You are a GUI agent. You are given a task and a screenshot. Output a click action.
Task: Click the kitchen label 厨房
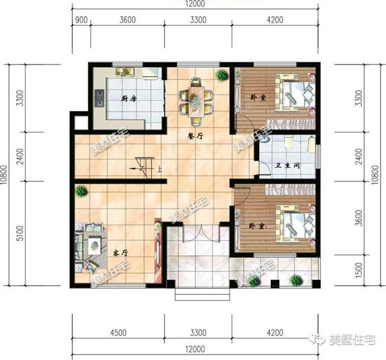127,98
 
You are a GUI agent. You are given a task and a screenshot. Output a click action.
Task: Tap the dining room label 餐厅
194,136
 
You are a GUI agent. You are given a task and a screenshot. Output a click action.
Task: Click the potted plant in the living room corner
80,191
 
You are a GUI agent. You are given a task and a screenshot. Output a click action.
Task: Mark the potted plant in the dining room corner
221,76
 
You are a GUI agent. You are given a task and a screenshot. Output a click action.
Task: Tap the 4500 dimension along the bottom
118,331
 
